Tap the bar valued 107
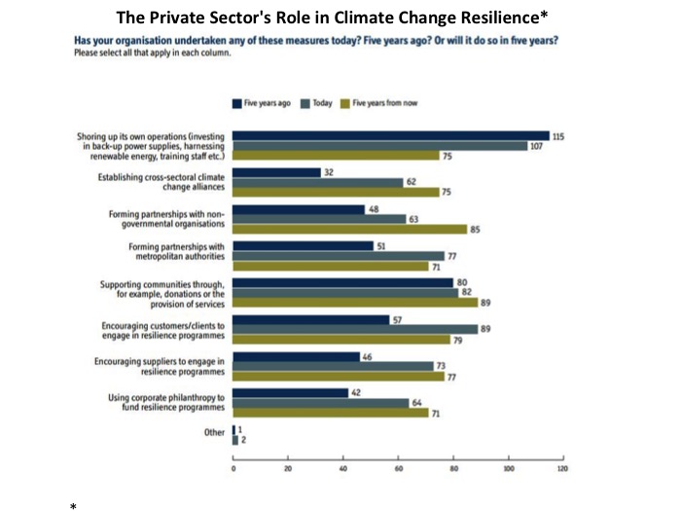[x=379, y=146]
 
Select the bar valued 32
[x=277, y=172]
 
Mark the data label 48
[x=372, y=209]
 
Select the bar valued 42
[x=291, y=393]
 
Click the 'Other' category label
[x=215, y=432]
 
